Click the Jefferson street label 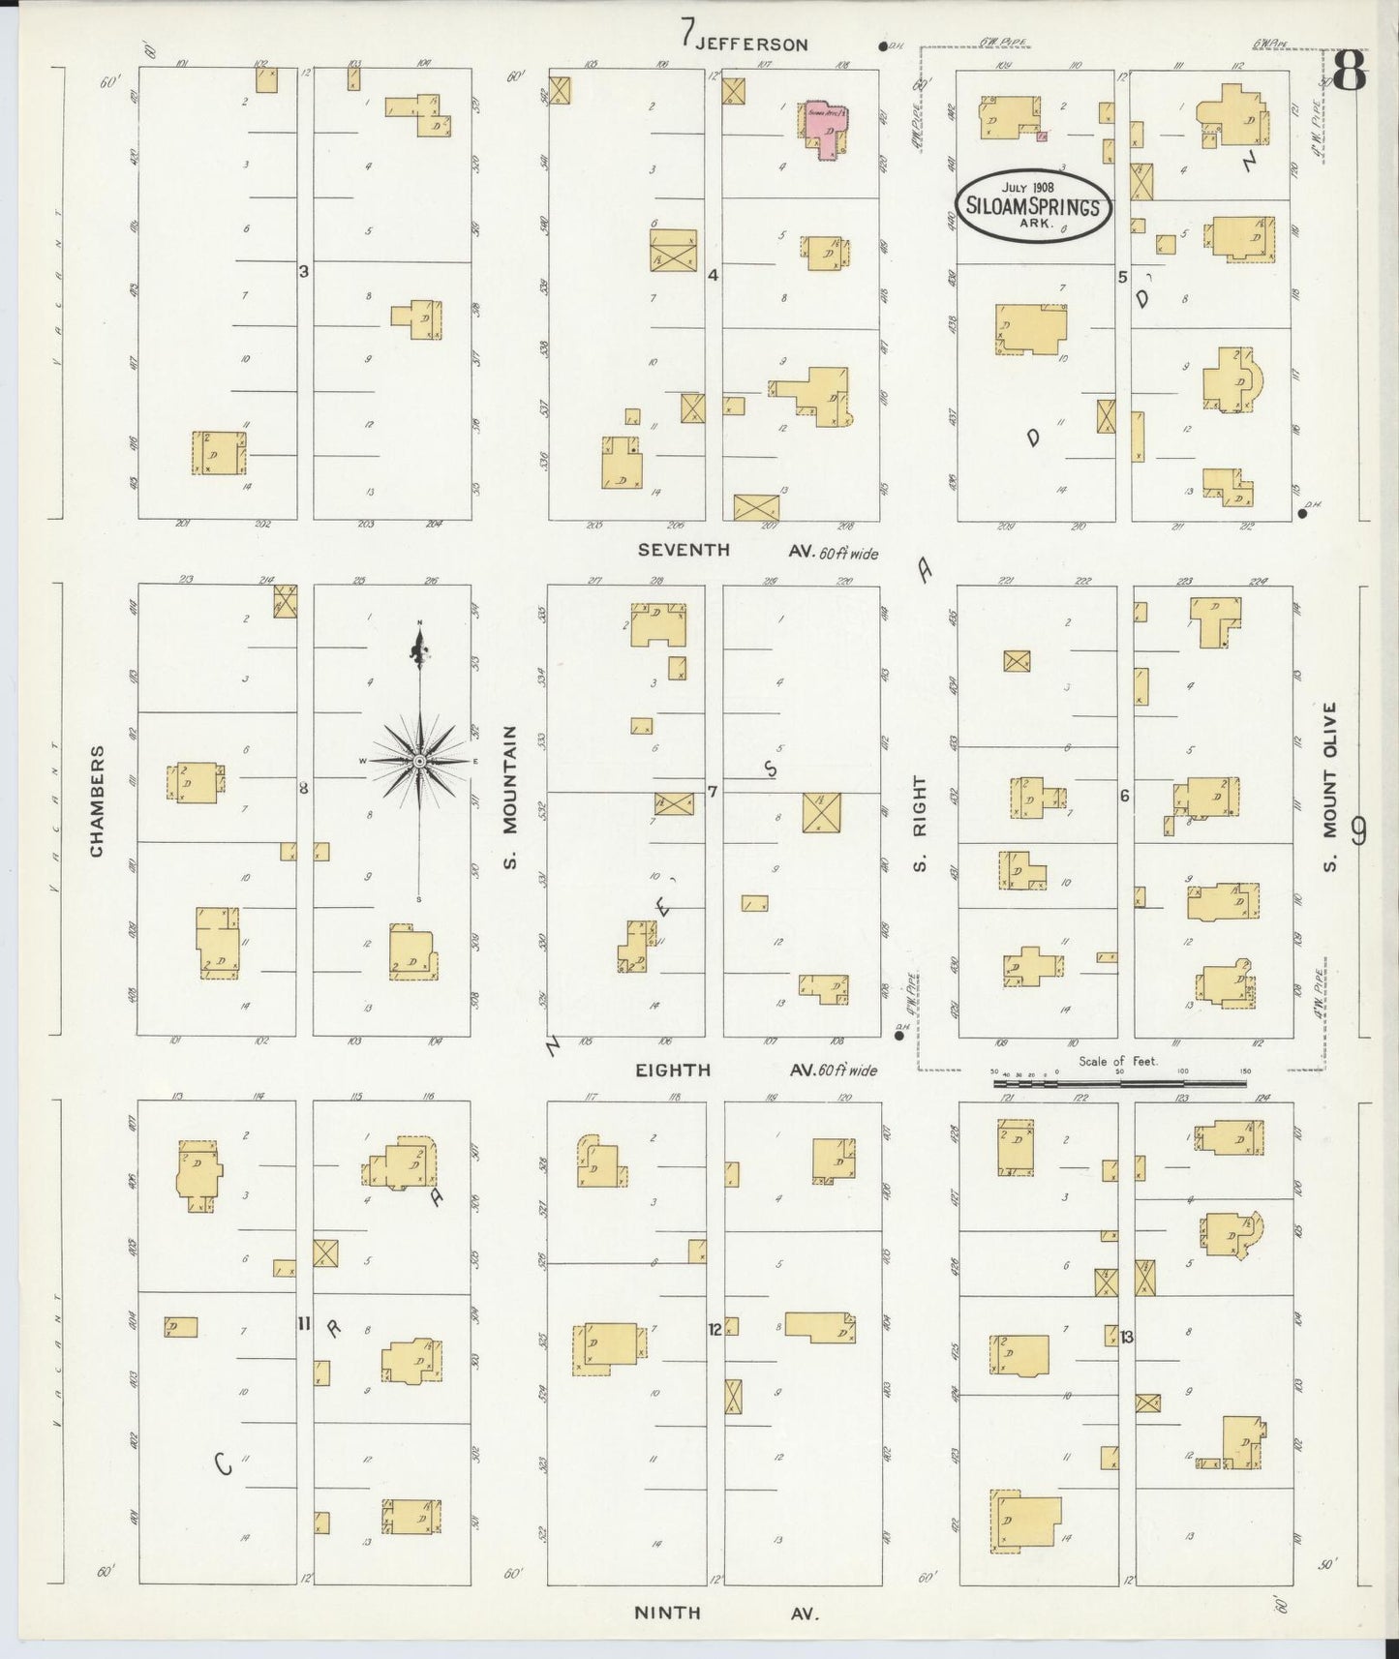point(750,44)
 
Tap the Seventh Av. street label point(684,550)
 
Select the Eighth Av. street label point(673,1070)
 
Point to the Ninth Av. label point(668,1613)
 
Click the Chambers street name point(97,800)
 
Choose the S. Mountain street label point(510,798)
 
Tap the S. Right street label point(921,823)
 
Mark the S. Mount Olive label point(1331,786)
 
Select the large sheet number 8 point(1350,70)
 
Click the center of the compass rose point(419,762)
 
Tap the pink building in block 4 point(826,127)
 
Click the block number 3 point(303,272)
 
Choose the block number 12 point(715,1329)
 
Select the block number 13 point(1127,1337)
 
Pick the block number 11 point(303,1323)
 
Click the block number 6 point(1124,796)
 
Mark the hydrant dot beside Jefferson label point(882,45)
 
